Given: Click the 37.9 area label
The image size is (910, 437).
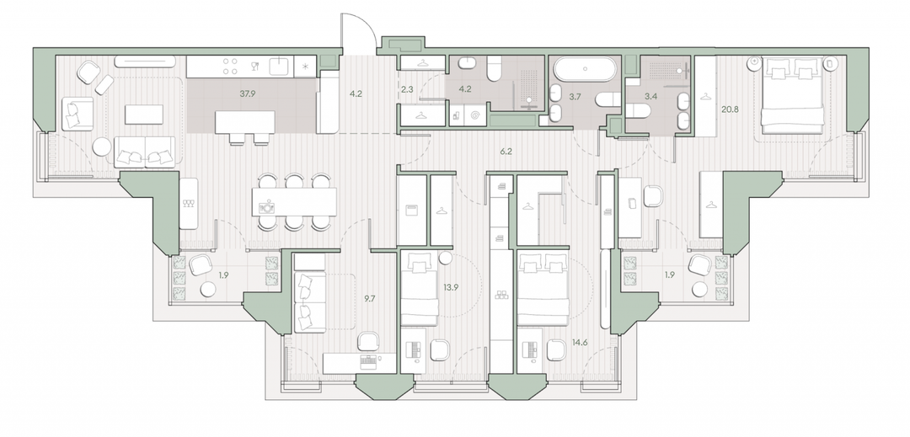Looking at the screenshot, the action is point(247,93).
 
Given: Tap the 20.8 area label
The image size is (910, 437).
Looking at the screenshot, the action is point(730,109).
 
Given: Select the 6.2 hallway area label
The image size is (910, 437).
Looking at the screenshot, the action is point(506,152).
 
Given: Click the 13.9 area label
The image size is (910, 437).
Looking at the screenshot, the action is point(450,286).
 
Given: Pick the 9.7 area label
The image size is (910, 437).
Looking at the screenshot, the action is point(369,300).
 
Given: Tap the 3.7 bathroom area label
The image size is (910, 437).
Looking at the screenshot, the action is point(575,97).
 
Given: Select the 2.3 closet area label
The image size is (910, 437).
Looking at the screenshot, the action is point(407,89).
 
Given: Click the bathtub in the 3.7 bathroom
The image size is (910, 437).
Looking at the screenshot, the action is point(585,69).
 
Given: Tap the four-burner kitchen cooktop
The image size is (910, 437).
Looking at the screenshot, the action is point(230,66).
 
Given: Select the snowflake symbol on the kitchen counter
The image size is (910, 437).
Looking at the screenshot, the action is point(305,66).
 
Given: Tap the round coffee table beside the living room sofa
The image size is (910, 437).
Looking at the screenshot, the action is point(102,147).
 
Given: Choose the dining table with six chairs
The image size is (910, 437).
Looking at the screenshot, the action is point(294,202).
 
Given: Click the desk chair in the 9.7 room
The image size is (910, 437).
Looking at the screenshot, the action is point(368,341).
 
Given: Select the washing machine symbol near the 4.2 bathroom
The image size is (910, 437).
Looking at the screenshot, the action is point(474,116).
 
